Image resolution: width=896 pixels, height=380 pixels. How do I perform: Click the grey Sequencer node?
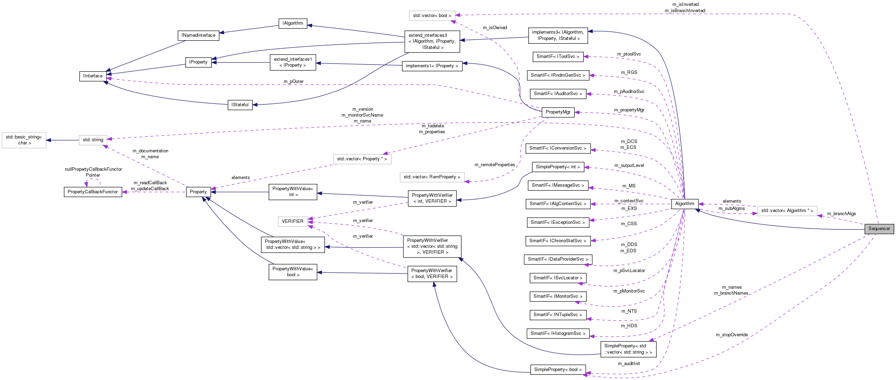[x=879, y=229]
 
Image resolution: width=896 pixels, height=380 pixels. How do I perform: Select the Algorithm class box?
[x=684, y=204]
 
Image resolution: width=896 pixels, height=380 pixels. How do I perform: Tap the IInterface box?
[x=93, y=76]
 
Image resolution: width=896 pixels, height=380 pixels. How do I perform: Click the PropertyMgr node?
[x=558, y=112]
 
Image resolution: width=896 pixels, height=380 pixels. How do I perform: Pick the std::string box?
[x=93, y=140]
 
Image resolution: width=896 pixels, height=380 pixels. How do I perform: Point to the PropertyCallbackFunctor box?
[x=93, y=192]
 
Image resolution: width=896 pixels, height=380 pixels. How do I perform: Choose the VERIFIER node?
[x=292, y=221]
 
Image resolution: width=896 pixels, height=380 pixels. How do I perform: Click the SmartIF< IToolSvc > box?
[x=558, y=57]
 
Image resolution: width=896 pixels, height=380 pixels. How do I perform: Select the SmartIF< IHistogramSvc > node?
[x=558, y=333]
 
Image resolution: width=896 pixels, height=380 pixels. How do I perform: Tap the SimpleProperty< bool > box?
[x=558, y=370]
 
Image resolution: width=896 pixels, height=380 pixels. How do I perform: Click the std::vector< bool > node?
[x=432, y=16]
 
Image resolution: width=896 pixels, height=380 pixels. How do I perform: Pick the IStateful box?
[x=240, y=105]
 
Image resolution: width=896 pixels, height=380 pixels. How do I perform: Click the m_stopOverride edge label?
[x=731, y=335]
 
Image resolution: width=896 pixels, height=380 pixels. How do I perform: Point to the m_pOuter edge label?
[x=293, y=81]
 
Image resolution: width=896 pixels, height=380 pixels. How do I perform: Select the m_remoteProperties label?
[x=494, y=165]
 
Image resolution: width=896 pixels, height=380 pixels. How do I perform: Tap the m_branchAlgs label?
[x=841, y=214]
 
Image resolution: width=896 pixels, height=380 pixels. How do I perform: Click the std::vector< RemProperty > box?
[x=432, y=177]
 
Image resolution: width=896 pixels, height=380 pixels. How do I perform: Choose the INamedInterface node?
[x=198, y=35]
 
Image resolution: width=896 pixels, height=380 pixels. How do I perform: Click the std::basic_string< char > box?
[x=24, y=140]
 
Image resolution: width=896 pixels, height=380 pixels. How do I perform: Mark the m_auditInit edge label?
[x=629, y=364]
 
